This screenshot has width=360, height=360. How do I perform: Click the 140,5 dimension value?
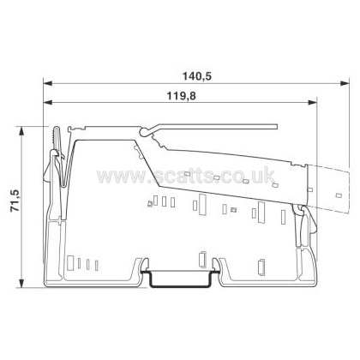click(x=197, y=76)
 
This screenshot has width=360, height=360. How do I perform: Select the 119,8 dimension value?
click(x=182, y=96)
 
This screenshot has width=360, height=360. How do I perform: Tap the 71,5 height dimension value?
click(x=15, y=201)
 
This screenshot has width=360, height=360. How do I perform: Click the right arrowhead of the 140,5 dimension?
click(x=345, y=83)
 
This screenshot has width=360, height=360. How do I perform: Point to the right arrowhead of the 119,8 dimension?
click(x=312, y=102)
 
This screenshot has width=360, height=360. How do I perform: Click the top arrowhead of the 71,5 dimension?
click(x=21, y=131)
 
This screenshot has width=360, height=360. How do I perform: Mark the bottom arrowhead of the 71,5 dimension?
click(x=21, y=283)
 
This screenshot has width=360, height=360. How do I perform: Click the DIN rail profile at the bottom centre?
click(x=180, y=279)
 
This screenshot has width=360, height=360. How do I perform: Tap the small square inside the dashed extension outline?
click(x=339, y=195)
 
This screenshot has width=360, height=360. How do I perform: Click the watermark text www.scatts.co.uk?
click(x=186, y=175)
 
